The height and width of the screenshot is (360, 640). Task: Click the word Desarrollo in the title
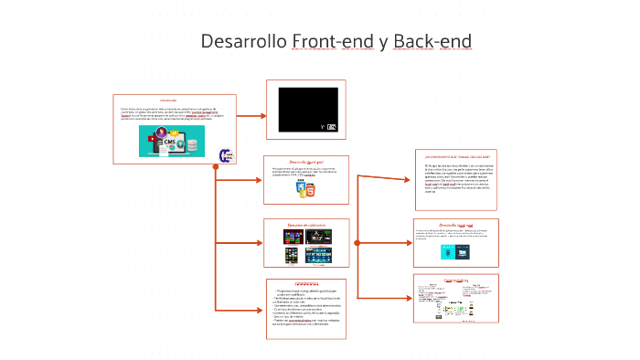[x=243, y=42]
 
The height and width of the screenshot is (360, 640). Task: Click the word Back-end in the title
[x=432, y=42]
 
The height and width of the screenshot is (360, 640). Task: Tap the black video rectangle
[x=307, y=110]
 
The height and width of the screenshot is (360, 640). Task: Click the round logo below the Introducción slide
[x=227, y=156]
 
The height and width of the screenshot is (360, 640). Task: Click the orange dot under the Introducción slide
[x=216, y=166]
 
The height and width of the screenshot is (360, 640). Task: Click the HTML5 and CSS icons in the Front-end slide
[x=306, y=190]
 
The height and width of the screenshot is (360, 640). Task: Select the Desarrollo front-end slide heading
[x=306, y=162]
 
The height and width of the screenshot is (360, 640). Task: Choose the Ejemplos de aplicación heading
[x=306, y=225]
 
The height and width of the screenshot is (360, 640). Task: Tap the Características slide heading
[x=306, y=283]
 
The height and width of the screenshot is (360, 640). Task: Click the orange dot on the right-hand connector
[x=357, y=243]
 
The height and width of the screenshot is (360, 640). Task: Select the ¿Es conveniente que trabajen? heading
[x=457, y=156]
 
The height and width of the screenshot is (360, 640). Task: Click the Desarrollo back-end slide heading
[x=456, y=224]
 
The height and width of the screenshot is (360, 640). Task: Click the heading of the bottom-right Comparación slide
[x=455, y=281]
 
